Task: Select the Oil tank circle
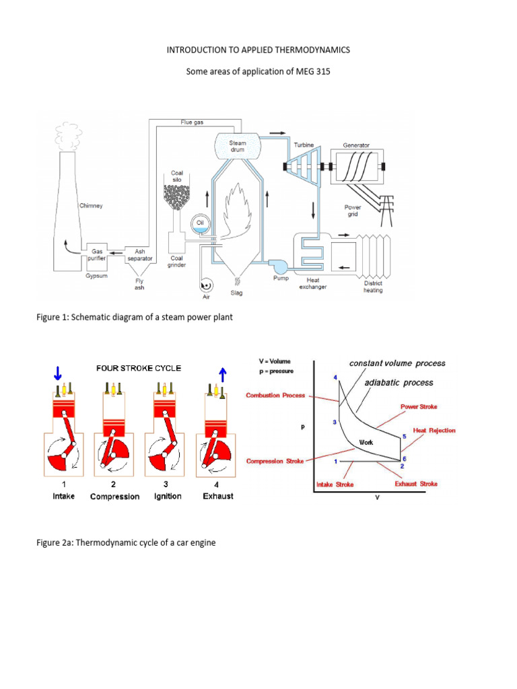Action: coord(200,224)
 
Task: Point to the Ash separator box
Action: coord(139,256)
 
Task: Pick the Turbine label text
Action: coord(303,145)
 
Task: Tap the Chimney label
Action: coord(91,206)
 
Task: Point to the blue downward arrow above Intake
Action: coord(59,372)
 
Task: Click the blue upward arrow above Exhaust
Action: coord(221,372)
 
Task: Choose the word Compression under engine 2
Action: coord(114,497)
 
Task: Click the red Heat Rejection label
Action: coord(434,430)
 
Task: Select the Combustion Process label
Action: coord(275,395)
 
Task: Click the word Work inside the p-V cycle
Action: coord(366,442)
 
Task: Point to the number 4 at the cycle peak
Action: coord(335,377)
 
